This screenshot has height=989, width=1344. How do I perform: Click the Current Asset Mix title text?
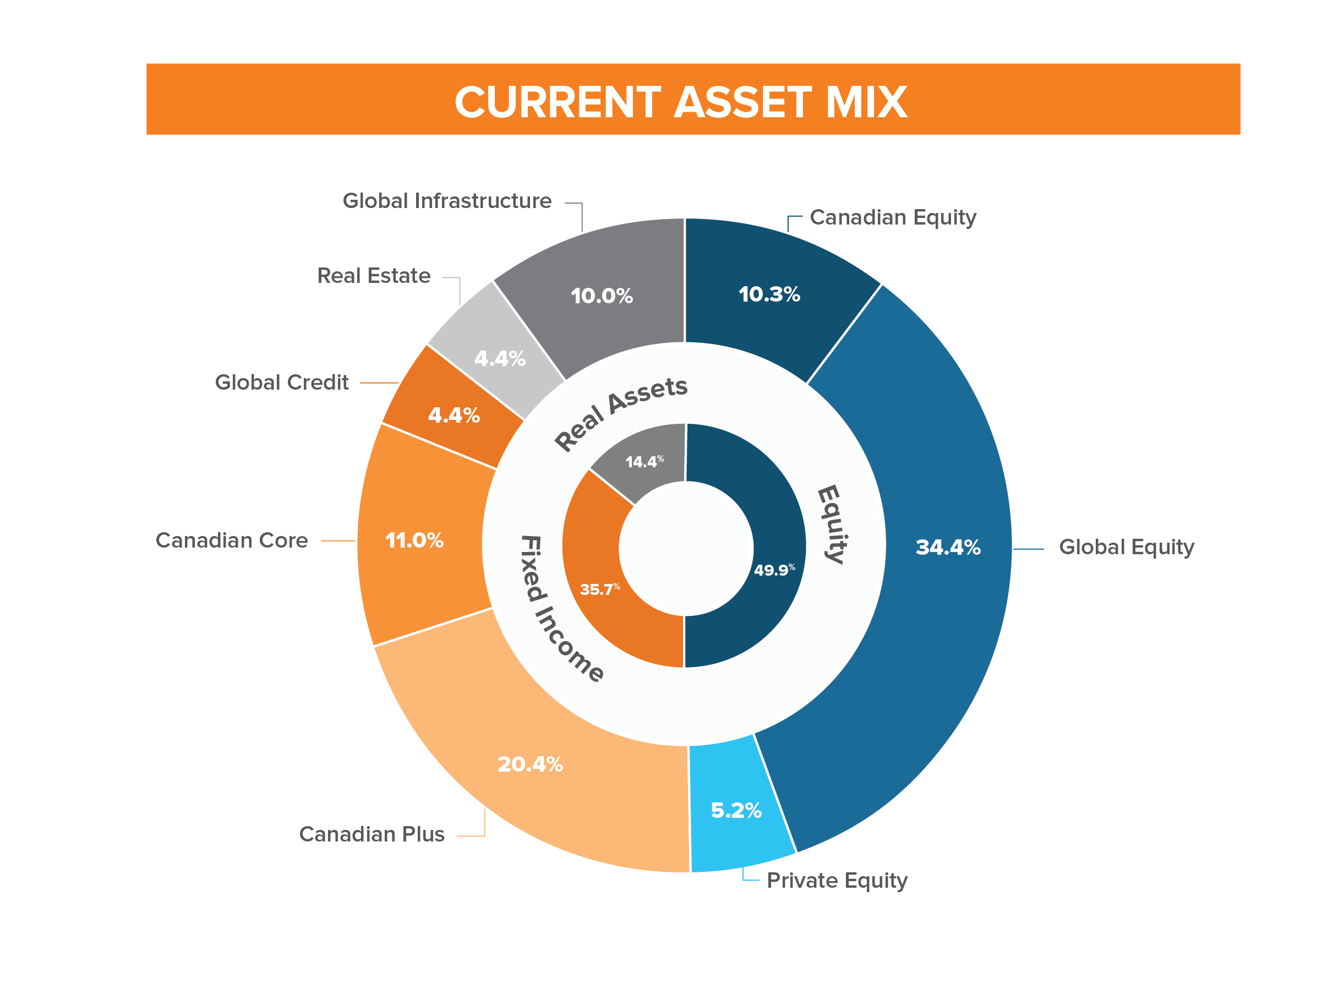[681, 102]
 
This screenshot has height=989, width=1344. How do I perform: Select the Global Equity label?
[1126, 547]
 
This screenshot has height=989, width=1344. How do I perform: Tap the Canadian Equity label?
[893, 217]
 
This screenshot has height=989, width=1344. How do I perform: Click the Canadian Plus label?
[371, 834]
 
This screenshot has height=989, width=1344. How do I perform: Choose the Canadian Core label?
[232, 540]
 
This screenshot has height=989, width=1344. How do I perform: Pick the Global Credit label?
[281, 383]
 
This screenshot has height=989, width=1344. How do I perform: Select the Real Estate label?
[374, 276]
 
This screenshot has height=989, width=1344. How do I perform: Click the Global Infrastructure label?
[446, 201]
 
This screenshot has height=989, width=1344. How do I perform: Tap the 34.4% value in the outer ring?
[948, 547]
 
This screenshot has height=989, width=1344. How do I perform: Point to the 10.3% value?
[769, 294]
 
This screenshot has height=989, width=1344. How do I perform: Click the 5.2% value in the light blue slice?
[736, 811]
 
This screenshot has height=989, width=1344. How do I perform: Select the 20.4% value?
[530, 764]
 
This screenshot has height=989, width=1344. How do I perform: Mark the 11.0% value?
[414, 540]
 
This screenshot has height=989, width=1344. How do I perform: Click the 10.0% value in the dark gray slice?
[602, 296]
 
